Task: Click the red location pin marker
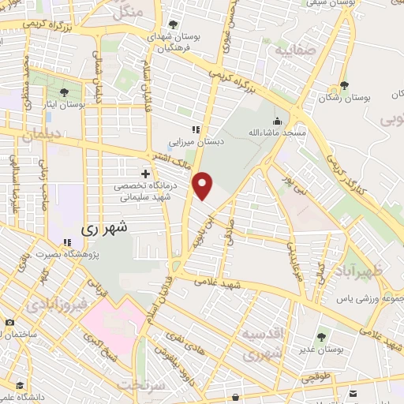(x=204, y=185)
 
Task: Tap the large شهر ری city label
(x=110, y=229)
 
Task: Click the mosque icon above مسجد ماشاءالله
(x=276, y=122)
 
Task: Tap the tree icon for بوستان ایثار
(x=64, y=92)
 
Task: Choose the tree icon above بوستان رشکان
(x=343, y=86)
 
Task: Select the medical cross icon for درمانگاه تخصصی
(x=144, y=174)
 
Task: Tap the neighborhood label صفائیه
(x=294, y=52)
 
